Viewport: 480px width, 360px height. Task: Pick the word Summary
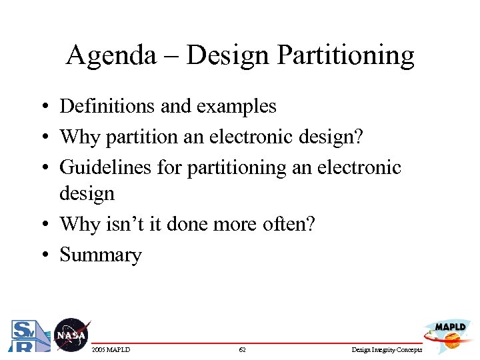[101, 255]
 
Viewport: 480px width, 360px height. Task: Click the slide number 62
[242, 350]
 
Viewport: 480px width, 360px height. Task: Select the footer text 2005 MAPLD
[111, 350]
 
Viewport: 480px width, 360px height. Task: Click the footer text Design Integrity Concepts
[387, 350]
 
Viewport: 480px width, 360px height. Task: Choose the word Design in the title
[223, 57]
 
